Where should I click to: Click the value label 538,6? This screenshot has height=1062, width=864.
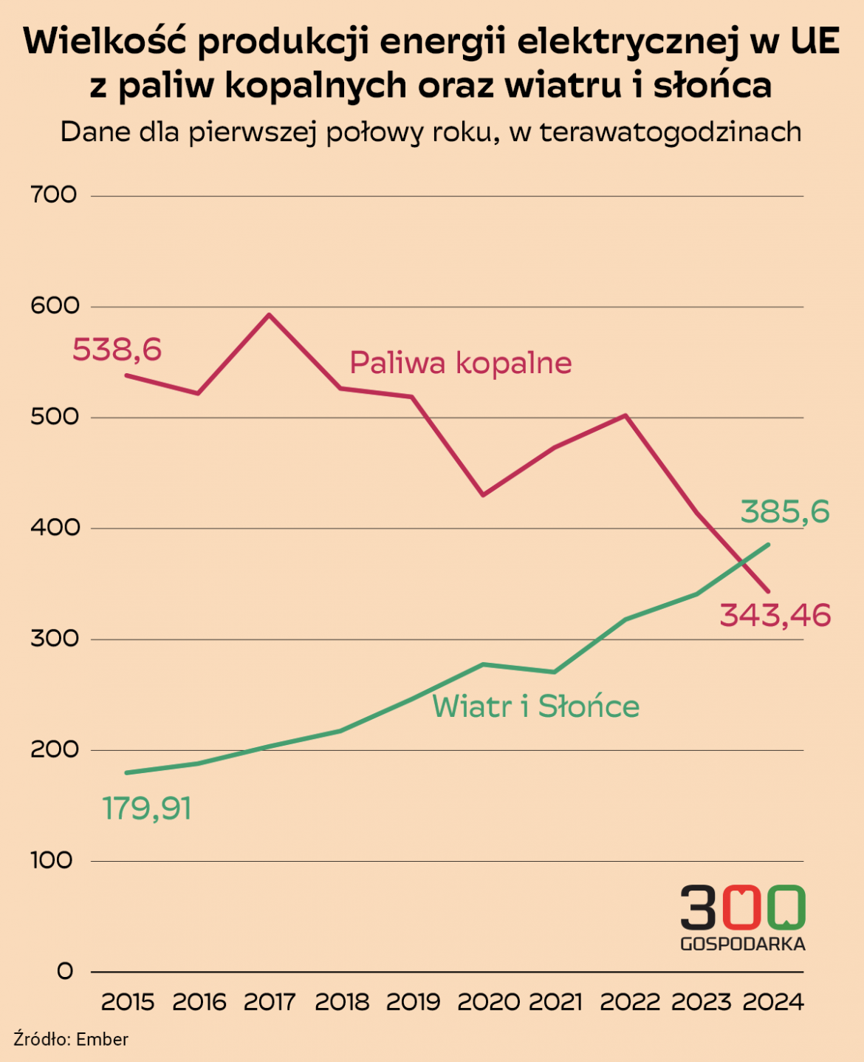click(x=117, y=350)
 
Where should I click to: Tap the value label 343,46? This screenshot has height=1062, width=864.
click(x=775, y=615)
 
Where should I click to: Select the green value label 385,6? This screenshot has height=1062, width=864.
click(x=785, y=511)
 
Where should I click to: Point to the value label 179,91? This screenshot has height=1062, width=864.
click(x=147, y=809)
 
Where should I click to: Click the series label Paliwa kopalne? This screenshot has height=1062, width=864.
click(x=460, y=363)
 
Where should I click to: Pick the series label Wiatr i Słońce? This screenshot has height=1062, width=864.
click(x=535, y=707)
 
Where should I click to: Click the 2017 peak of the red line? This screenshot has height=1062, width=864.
click(x=269, y=315)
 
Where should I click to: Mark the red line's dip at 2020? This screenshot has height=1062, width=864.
click(x=483, y=494)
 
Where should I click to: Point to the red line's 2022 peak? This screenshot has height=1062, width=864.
click(x=625, y=415)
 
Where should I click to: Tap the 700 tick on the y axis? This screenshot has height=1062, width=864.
click(x=53, y=195)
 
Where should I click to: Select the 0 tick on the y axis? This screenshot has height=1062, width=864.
click(x=65, y=971)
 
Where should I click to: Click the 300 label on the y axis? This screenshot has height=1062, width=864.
click(x=53, y=639)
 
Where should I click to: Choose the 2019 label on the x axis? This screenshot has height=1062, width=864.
click(x=413, y=1002)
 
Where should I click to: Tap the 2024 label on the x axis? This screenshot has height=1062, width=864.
click(x=773, y=1002)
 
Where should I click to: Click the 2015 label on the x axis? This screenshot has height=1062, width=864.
click(x=128, y=1002)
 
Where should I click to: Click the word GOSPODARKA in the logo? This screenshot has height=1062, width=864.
click(x=742, y=944)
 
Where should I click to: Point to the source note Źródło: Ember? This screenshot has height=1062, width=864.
click(x=71, y=1039)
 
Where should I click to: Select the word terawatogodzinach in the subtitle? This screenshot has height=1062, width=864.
click(x=671, y=132)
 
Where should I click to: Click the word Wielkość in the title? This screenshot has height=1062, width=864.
click(x=103, y=41)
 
